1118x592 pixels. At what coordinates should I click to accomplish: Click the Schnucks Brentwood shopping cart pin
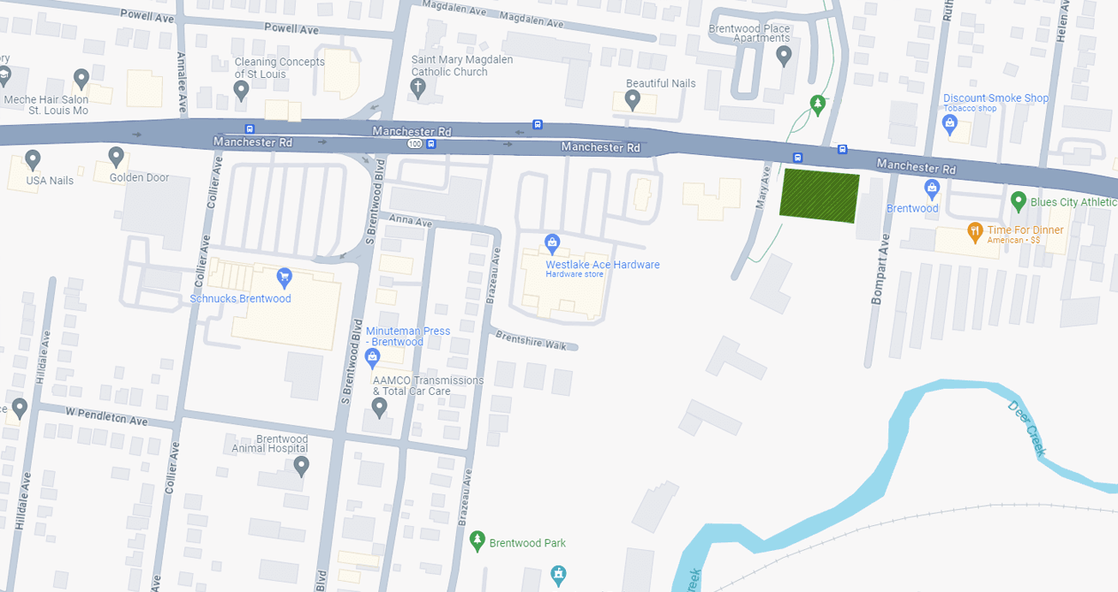point(285,277)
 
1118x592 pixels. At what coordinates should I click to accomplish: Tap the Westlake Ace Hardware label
point(603,265)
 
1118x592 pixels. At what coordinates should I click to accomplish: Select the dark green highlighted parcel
point(819,196)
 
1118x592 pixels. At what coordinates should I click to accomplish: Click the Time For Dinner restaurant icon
point(974,231)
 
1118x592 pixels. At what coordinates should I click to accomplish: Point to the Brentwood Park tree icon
point(478,541)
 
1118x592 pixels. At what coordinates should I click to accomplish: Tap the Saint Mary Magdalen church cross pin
point(418,88)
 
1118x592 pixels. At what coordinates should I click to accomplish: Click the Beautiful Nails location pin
point(633,100)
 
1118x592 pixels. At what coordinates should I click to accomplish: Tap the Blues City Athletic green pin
point(1019,202)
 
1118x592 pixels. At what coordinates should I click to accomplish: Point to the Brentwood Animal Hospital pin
point(301,466)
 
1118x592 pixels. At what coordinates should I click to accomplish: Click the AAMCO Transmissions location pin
point(379,407)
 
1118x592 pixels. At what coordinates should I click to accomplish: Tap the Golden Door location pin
point(116,157)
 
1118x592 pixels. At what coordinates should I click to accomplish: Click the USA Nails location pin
point(33,159)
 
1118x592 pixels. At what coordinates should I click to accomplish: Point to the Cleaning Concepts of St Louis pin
point(241,90)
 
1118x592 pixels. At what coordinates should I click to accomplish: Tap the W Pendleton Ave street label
point(107,416)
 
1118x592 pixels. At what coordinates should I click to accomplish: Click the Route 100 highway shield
point(414,144)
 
